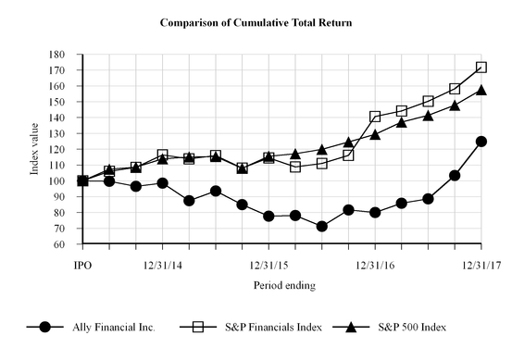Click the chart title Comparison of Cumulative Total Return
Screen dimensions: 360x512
pos(256,20)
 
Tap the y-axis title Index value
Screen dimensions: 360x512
pos(57,149)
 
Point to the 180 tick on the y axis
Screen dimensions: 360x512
pos(68,55)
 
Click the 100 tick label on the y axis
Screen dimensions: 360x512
pos(68,181)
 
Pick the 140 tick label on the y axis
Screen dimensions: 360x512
pos(68,118)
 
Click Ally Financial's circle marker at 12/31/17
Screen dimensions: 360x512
pos(481,142)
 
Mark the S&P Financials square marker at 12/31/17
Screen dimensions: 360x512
pos(481,68)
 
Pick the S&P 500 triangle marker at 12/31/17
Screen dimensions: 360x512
pos(481,90)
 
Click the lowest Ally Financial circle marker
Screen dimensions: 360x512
pos(322,227)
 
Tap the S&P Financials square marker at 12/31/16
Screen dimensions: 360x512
pos(375,117)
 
